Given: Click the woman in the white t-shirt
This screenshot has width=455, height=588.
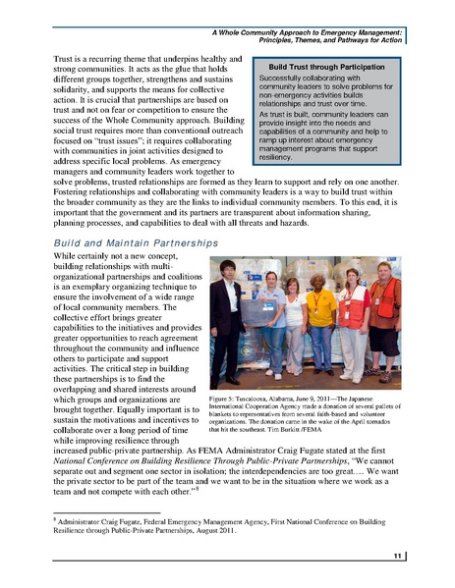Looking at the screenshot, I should pos(294,324).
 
